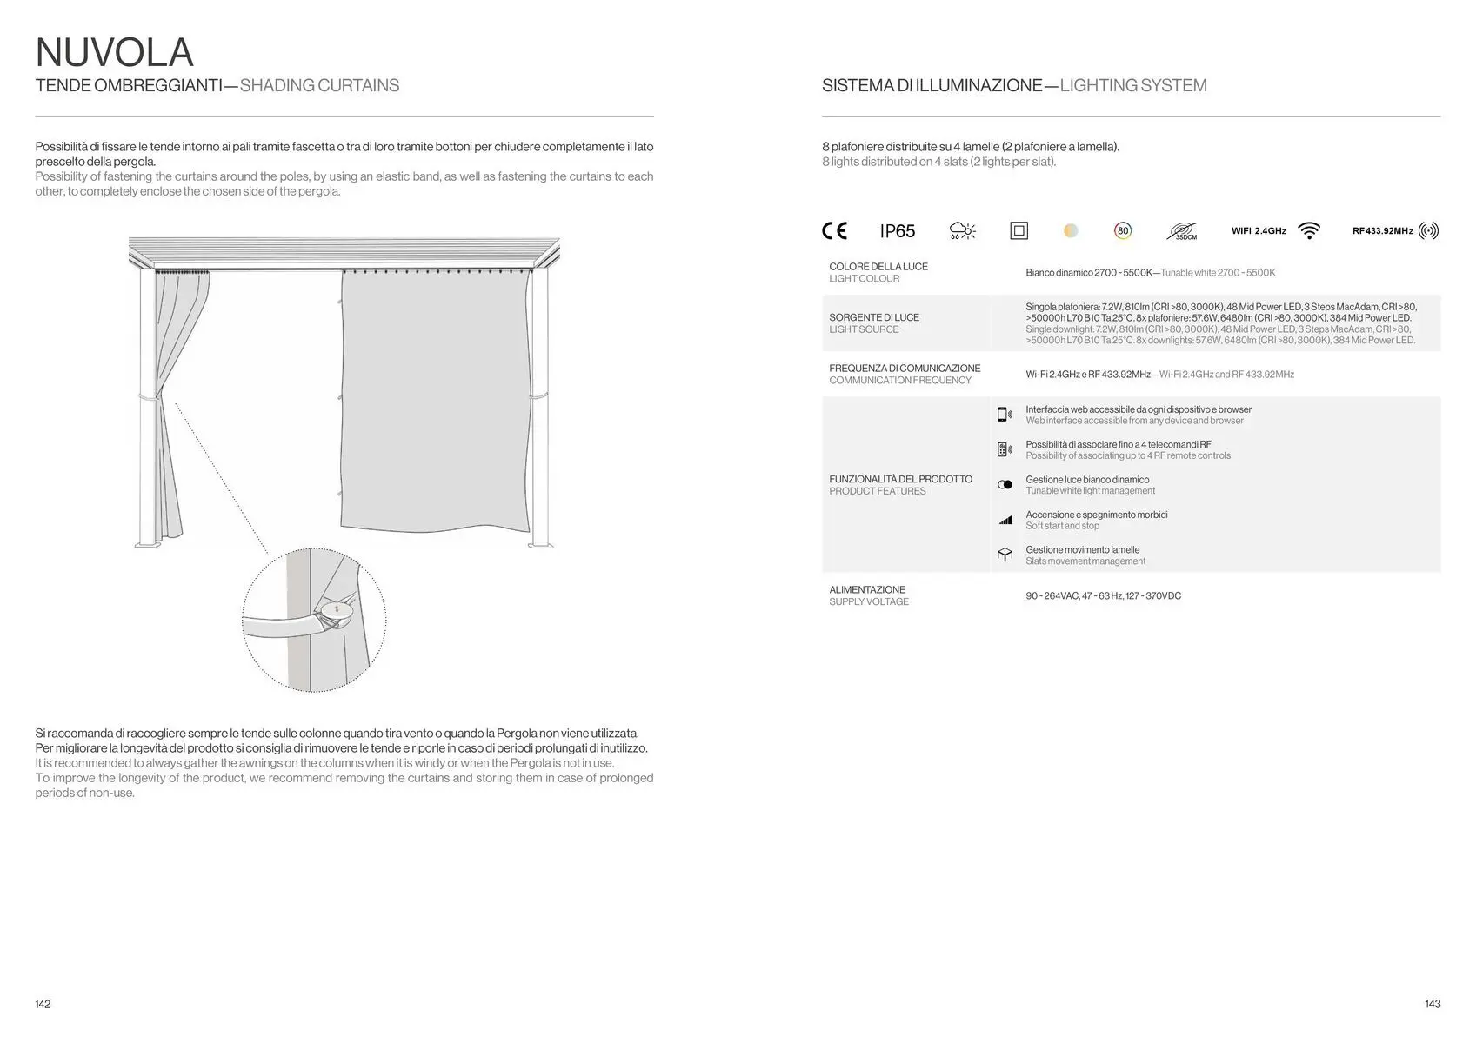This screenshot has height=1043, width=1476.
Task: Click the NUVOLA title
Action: (x=114, y=52)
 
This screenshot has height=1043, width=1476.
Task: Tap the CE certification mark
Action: (x=834, y=230)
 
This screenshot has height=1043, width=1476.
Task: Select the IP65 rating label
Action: (x=898, y=231)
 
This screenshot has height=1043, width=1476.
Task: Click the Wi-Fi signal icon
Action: (x=1308, y=230)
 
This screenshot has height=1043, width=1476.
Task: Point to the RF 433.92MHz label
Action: (x=1382, y=231)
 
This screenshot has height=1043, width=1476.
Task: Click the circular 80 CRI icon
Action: (x=1123, y=230)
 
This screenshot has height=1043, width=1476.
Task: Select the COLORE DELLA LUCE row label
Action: (x=878, y=267)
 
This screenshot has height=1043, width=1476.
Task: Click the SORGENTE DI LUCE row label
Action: (x=874, y=317)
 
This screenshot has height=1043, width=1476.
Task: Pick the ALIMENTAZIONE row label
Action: (x=867, y=589)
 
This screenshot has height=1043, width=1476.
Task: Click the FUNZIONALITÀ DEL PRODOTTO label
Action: (x=901, y=479)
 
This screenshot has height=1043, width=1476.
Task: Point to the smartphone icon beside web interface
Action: (x=1005, y=415)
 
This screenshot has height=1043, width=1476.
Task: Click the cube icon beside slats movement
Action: (x=1005, y=555)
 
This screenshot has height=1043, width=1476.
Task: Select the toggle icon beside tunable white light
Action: (x=1005, y=485)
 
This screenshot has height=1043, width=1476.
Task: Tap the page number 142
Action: (x=43, y=1004)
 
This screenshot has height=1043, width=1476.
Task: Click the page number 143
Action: (x=1433, y=1004)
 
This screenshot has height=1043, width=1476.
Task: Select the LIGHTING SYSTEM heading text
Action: (x=1133, y=85)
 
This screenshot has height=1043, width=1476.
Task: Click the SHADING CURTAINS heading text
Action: (x=319, y=85)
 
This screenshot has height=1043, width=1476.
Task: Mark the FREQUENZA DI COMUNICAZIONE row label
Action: (x=905, y=369)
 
